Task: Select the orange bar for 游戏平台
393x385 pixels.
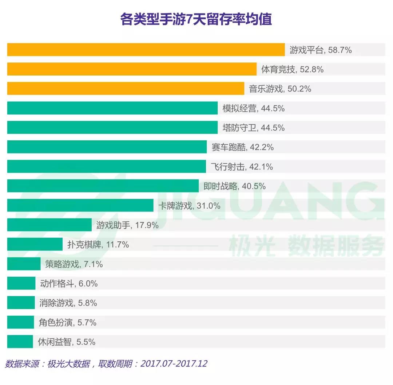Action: pos(146,50)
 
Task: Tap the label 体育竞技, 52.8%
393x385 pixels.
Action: pos(292,69)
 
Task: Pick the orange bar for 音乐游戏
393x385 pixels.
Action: pos(126,89)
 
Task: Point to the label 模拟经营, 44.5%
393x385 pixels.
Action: pos(253,108)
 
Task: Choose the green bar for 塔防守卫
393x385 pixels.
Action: pos(112,128)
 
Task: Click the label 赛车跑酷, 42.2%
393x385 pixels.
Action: pos(242,147)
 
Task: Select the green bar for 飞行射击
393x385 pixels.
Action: pos(106,167)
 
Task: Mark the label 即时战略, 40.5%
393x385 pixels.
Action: pos(234,186)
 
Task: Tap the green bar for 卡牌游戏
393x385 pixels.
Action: pos(80,206)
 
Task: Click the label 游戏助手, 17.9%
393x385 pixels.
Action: pos(127,225)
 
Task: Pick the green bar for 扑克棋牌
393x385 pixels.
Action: pos(35,245)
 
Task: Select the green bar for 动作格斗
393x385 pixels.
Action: pos(21,284)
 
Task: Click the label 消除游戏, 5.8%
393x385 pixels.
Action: pos(68,303)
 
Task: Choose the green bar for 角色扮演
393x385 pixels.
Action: pos(20,322)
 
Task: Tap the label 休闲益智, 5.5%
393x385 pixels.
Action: pos(67,342)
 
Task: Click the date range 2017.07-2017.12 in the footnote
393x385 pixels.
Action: pos(174,363)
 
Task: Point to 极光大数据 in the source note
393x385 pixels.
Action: pos(68,363)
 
